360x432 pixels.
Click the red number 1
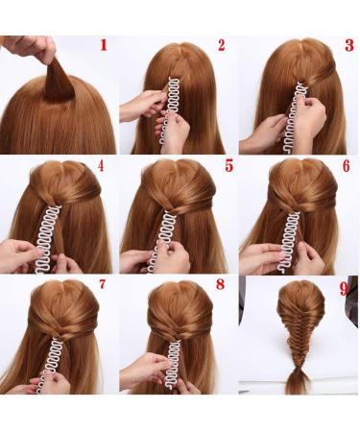[104, 45]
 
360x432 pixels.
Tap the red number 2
[222, 45]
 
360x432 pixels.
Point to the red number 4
[102, 165]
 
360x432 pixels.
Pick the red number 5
[228, 165]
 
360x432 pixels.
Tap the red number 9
[344, 285]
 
